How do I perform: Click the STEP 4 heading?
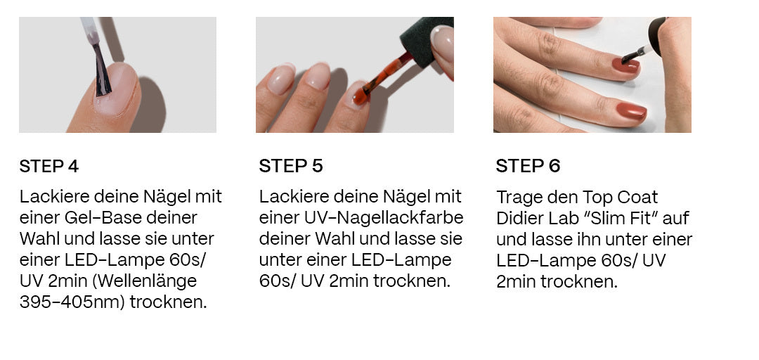pyautogui.click(x=49, y=166)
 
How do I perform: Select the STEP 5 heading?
pyautogui.click(x=291, y=166)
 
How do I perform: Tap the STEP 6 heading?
pyautogui.click(x=528, y=166)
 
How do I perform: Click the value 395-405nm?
pyautogui.click(x=72, y=302)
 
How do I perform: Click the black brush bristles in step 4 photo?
pyautogui.click(x=102, y=71)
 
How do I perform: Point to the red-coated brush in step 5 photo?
pyautogui.click(x=383, y=77)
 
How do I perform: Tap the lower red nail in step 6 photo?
pyautogui.click(x=632, y=111)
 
